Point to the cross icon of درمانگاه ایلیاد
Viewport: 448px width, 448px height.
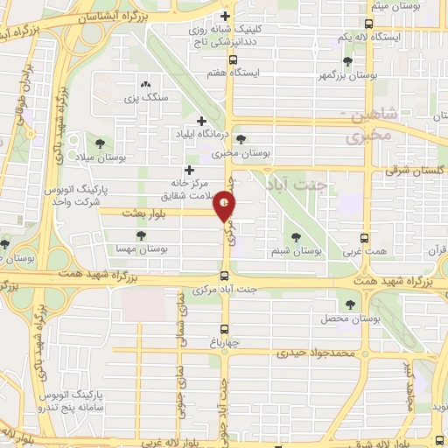[x=202, y=121]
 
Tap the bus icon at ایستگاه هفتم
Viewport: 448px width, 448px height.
[x=232, y=60]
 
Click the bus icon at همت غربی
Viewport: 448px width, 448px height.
[x=365, y=237]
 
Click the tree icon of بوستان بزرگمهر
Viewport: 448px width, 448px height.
[x=348, y=61]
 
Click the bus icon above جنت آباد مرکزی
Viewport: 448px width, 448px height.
[x=225, y=276]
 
